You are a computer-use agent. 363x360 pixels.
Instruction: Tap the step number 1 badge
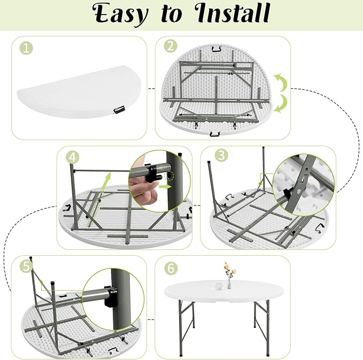[26, 48]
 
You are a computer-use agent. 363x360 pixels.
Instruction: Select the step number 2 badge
[171, 47]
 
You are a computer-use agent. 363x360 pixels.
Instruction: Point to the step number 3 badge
[221, 155]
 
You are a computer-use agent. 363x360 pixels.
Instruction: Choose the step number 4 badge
[73, 157]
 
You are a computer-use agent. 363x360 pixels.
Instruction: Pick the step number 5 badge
[26, 266]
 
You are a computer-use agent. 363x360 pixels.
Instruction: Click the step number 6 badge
[171, 269]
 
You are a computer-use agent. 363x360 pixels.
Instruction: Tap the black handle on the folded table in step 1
[119, 110]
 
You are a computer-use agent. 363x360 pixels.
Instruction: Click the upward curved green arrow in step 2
[281, 82]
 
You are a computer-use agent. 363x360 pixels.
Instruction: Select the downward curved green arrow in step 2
[281, 104]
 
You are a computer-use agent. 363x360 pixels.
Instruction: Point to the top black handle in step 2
[215, 49]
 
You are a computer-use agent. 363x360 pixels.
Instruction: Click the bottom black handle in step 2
[214, 134]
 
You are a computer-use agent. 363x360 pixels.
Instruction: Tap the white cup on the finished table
[218, 286]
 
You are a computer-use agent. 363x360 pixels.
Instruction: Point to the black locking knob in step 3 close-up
[287, 193]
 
